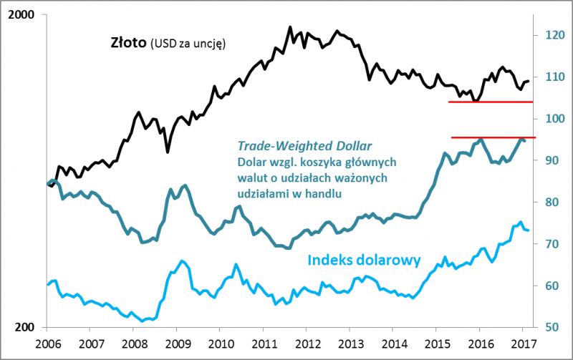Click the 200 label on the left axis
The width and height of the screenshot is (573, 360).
click(x=27, y=327)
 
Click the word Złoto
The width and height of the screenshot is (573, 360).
click(x=128, y=43)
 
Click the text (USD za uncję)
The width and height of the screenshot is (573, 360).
click(x=188, y=44)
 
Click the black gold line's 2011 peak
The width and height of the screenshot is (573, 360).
click(x=290, y=27)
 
